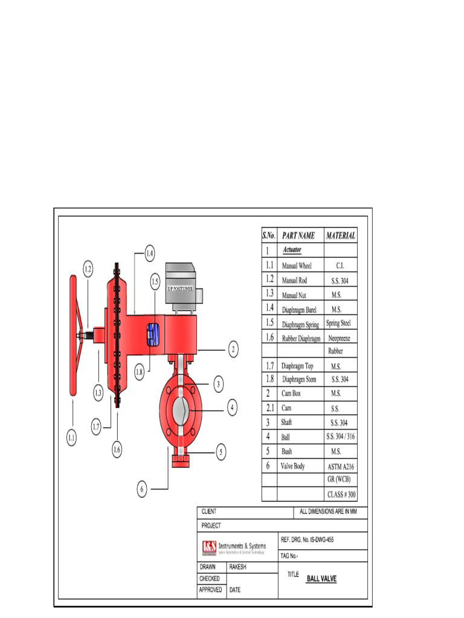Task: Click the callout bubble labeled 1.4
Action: point(149,254)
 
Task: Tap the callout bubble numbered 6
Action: point(141,489)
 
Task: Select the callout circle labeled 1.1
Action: point(72,439)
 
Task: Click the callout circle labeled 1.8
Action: point(139,372)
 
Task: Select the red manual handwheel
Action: point(73,336)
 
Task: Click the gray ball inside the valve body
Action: point(181,410)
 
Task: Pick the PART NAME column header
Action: point(298,235)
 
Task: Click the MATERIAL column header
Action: point(341,235)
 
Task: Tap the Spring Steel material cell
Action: point(341,323)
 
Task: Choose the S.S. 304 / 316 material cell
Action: point(341,436)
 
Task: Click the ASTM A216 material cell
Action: point(341,467)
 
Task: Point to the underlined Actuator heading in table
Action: point(292,249)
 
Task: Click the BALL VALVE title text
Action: point(321,579)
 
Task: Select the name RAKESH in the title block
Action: point(239,567)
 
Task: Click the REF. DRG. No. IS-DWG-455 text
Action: point(307,539)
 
